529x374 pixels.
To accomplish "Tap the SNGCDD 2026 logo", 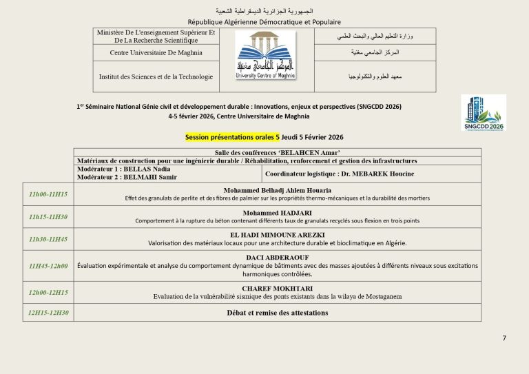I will point(483,113).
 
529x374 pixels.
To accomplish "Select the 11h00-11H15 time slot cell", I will point(48,194).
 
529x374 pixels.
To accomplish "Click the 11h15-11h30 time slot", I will point(48,217).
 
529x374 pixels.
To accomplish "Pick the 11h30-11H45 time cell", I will point(48,239).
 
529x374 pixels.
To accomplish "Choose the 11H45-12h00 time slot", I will point(48,265).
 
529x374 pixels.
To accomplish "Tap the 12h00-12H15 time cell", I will point(48,292).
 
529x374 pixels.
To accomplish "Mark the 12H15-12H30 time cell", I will point(48,313).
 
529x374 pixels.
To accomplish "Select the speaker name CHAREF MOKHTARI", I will point(278,288).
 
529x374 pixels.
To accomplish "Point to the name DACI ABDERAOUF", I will point(278,257).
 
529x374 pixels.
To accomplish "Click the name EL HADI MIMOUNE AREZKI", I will point(278,235).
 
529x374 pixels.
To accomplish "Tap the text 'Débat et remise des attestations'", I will point(278,313).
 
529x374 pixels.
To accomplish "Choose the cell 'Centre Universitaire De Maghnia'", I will point(156,52).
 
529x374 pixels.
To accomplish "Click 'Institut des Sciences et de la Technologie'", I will point(156,76).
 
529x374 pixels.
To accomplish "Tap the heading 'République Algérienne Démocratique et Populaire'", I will point(264,22).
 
